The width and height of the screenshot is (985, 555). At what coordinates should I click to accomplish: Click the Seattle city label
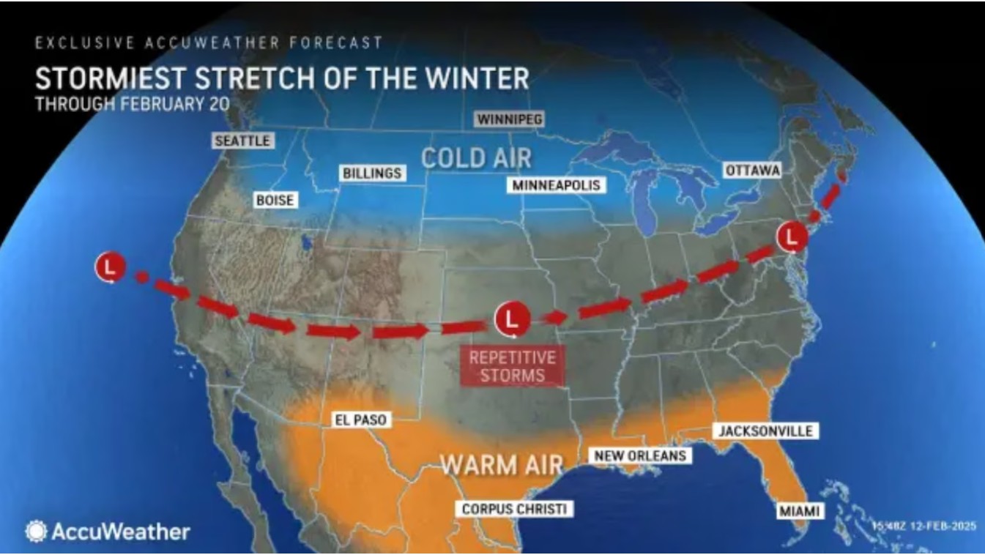tap(242, 140)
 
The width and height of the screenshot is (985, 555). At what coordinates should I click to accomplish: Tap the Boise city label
tap(275, 199)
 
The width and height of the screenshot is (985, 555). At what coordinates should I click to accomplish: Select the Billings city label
tap(372, 173)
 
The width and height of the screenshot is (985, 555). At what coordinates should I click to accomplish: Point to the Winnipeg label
tap(510, 119)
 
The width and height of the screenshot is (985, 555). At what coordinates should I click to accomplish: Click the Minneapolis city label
tap(556, 185)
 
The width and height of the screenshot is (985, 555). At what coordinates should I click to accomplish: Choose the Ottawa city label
tap(752, 170)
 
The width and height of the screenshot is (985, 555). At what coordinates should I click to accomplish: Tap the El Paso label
tap(360, 420)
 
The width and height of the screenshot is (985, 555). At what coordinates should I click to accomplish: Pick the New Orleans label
tap(640, 455)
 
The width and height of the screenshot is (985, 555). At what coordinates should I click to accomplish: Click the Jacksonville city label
tap(765, 431)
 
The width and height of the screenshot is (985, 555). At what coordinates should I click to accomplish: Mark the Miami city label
tap(798, 510)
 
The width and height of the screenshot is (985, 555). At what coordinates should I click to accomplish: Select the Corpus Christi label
tap(513, 509)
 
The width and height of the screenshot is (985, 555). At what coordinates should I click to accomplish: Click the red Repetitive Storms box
tap(512, 366)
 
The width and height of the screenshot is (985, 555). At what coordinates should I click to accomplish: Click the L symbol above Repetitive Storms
tap(512, 319)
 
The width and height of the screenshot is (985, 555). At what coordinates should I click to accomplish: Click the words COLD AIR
tap(476, 157)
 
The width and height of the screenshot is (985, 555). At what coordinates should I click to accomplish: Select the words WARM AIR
tap(502, 464)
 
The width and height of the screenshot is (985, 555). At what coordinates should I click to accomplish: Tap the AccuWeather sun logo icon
tap(36, 532)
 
